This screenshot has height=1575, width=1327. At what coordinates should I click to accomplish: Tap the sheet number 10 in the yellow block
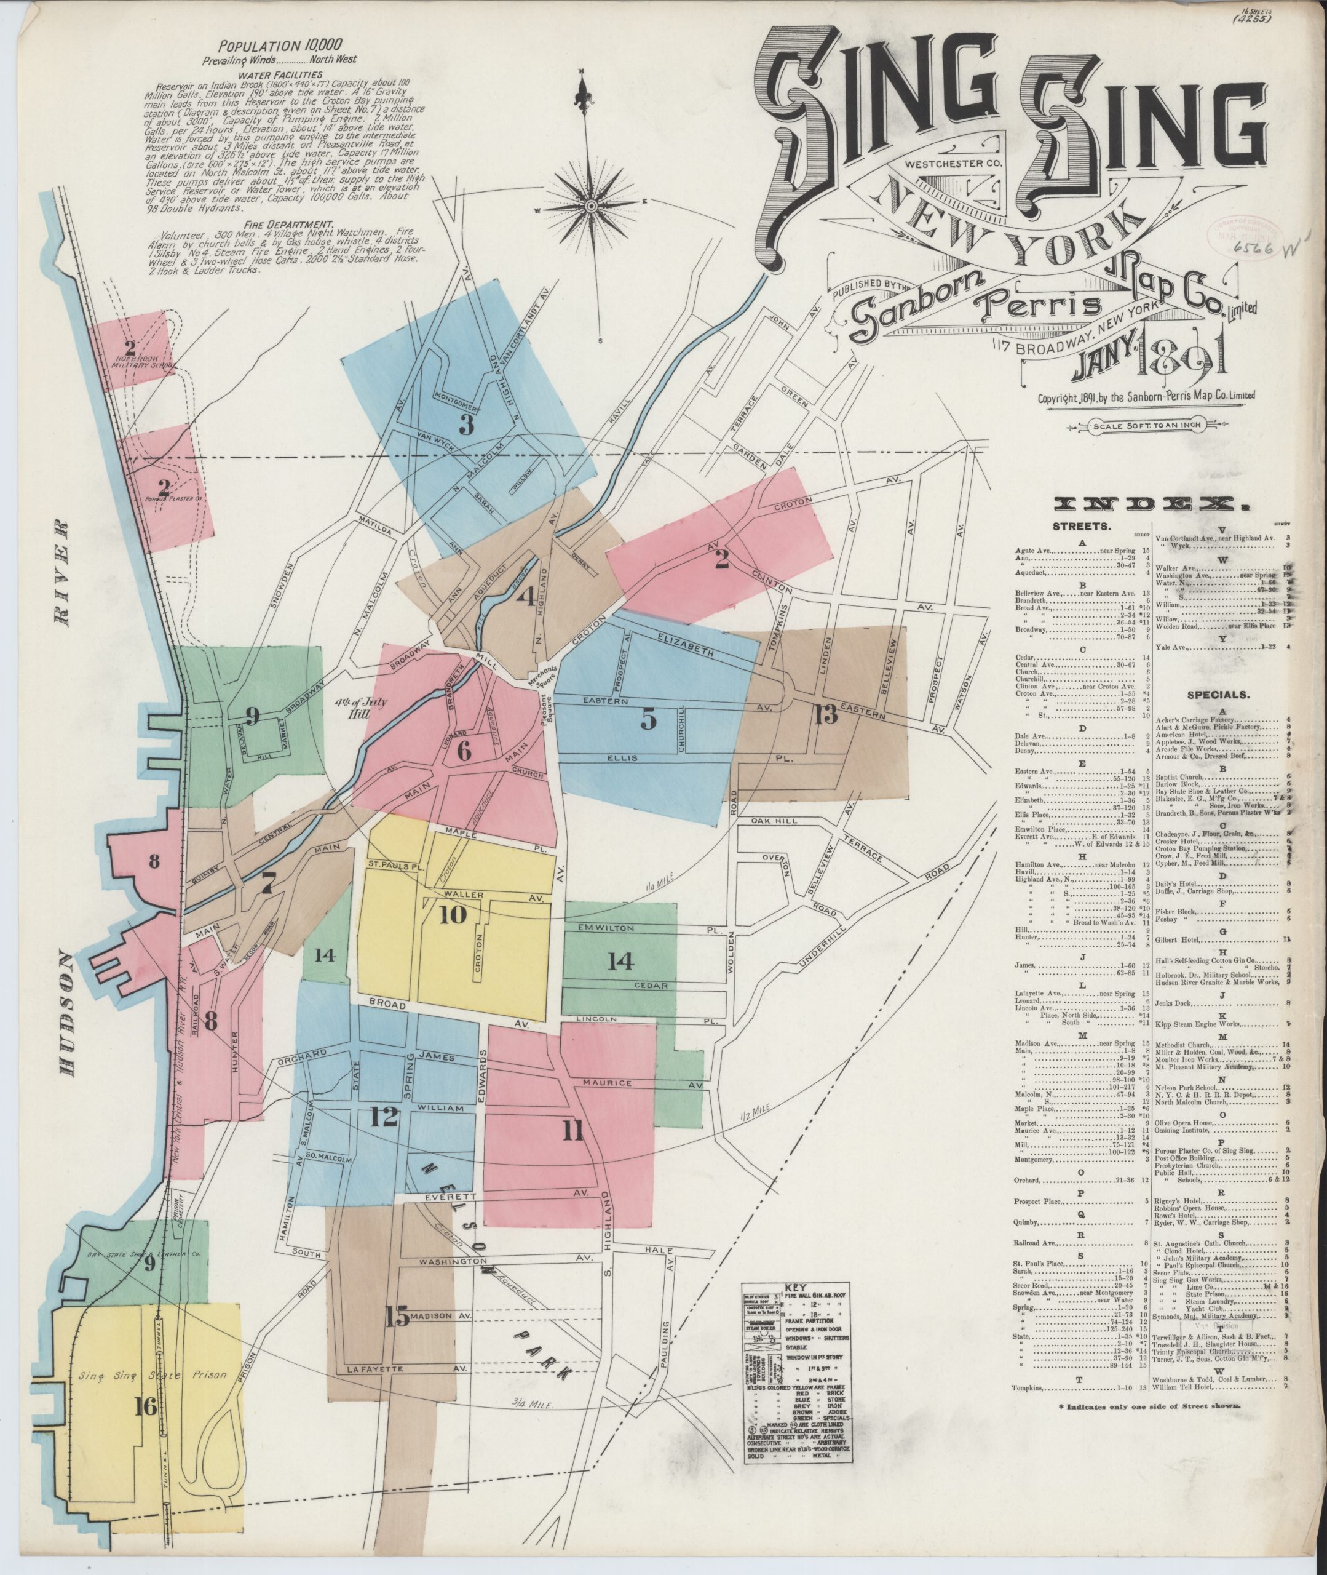[454, 914]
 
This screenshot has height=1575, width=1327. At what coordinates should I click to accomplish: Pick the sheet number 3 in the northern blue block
[466, 425]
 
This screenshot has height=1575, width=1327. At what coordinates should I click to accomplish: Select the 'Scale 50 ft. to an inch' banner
[1139, 425]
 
